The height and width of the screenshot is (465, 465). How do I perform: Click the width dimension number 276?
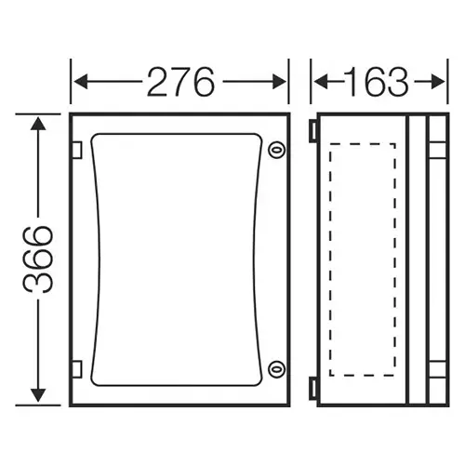tap(180, 83)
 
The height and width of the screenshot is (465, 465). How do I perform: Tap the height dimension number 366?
tap(38, 259)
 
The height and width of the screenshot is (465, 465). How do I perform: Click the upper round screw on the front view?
tap(274, 151)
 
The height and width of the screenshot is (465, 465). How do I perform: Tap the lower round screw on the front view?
tap(274, 369)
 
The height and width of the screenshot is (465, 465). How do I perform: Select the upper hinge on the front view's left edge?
tap(76, 150)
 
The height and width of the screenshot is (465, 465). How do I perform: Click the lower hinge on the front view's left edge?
tap(76, 369)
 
